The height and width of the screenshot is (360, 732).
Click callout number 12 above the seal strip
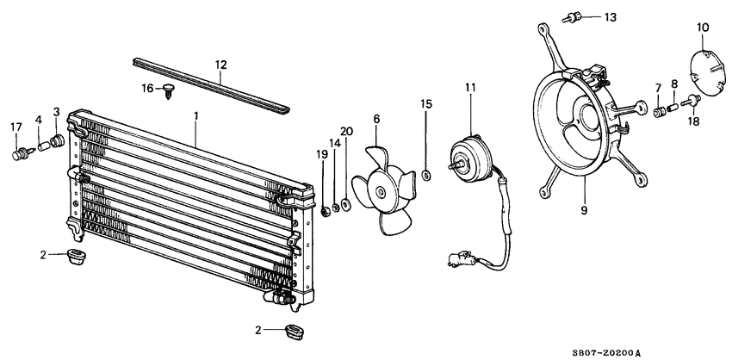(x=220, y=64)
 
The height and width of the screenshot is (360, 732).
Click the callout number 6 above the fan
(x=375, y=118)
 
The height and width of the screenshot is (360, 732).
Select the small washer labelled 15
(x=425, y=177)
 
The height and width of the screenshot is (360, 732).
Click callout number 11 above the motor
(x=470, y=87)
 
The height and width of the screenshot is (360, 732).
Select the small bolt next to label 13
(x=572, y=16)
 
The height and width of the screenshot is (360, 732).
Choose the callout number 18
(x=693, y=123)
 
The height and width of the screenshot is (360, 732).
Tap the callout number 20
(x=346, y=132)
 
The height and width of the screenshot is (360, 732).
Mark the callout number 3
(x=56, y=111)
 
